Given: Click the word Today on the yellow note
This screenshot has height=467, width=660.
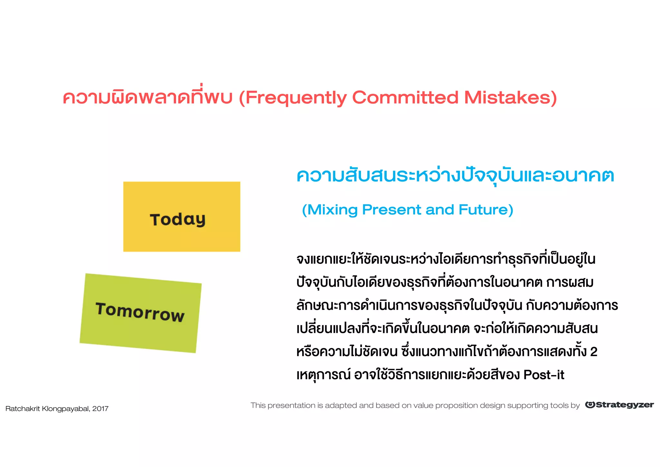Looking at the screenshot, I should [178, 220].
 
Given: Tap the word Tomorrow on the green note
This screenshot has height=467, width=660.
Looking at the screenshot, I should [140, 312].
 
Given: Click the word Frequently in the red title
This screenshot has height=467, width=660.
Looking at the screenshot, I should [296, 98].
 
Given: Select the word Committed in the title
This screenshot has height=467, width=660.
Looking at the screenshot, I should [405, 97].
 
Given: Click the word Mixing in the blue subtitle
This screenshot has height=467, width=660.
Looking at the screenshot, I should [333, 210].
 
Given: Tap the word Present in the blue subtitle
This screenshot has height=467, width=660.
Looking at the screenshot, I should [391, 210].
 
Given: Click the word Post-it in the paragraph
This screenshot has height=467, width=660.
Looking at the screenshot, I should [544, 375].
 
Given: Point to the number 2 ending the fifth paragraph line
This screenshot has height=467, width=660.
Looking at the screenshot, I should [594, 352].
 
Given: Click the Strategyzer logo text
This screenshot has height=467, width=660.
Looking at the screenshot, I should [625, 405].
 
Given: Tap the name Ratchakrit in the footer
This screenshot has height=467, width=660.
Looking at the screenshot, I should [23, 409].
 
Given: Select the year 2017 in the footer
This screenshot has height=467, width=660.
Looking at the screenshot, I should [100, 409].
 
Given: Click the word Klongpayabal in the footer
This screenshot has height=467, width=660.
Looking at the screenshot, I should [66, 409].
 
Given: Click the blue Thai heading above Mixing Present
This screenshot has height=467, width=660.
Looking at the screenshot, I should [455, 176].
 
